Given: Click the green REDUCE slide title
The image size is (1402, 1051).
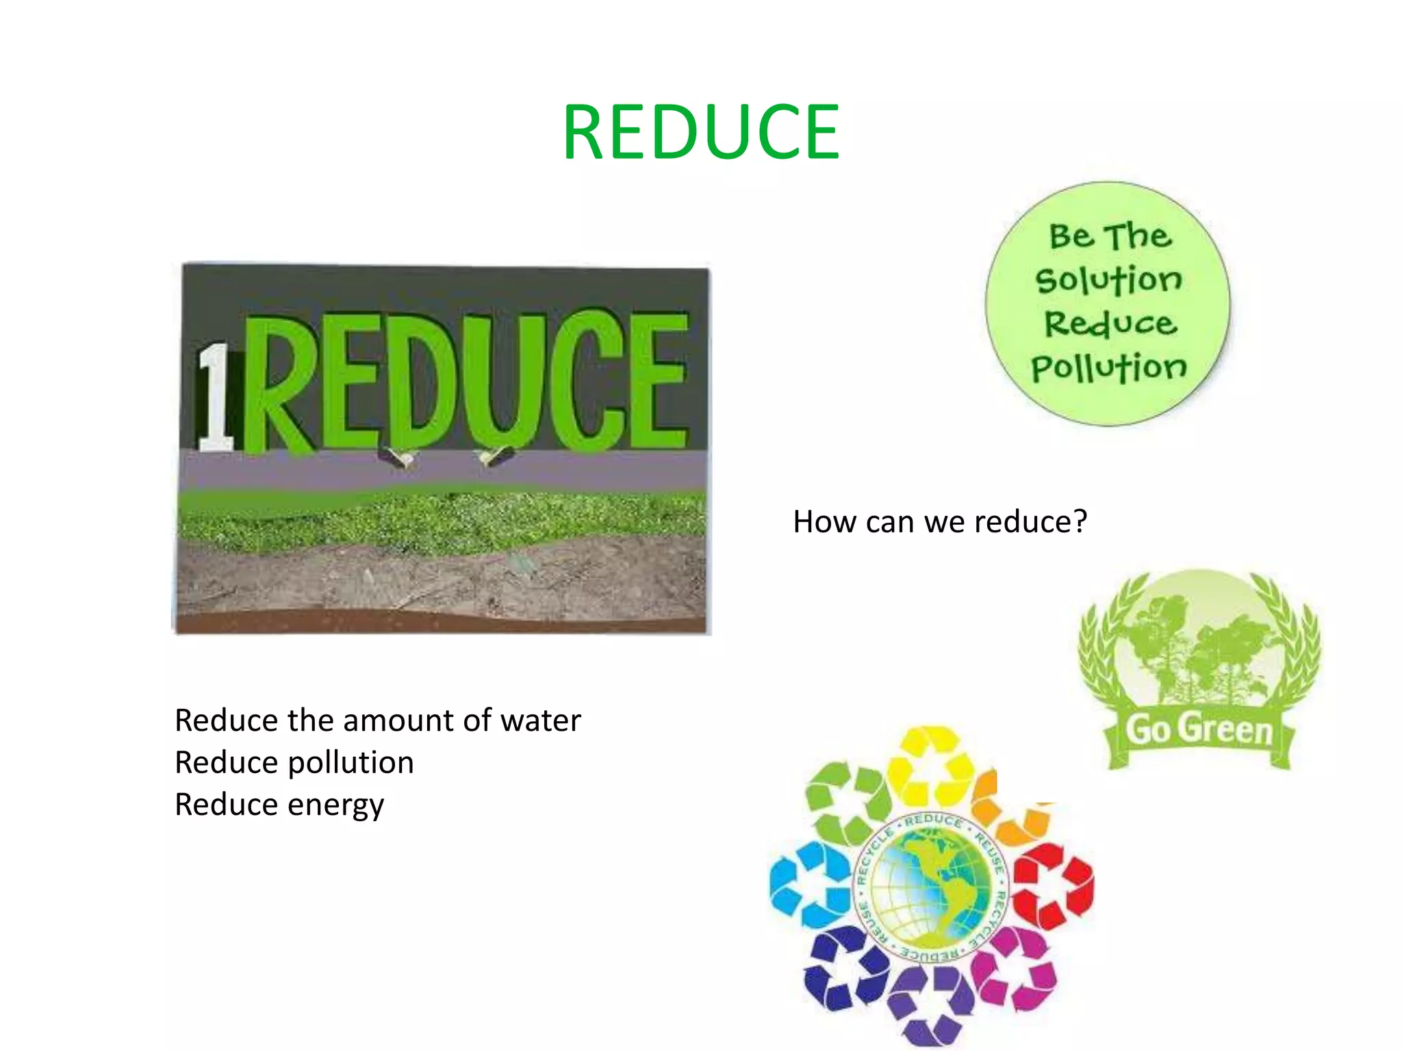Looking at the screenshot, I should click(701, 132).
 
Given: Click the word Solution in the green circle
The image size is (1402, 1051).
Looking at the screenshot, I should click(1109, 280).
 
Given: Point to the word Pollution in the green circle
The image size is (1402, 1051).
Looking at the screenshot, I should click(1109, 368).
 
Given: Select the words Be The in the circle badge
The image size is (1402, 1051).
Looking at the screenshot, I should click(1110, 236).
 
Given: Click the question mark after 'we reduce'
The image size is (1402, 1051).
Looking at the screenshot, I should click(1080, 521).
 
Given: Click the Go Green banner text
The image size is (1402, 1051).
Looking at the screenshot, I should click(1199, 729).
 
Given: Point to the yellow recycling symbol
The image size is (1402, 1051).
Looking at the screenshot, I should click(931, 765).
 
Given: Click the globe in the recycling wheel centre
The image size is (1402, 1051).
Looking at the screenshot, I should click(932, 887).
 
